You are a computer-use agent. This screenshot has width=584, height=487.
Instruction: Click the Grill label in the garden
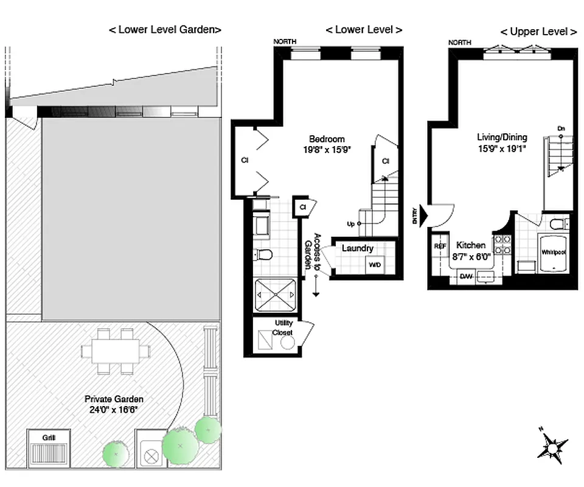coord(49,437)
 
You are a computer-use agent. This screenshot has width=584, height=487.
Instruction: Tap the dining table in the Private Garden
coord(116,351)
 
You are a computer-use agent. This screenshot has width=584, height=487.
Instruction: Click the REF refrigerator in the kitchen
coord(440,246)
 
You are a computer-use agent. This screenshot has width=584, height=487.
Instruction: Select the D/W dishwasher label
coord(466,277)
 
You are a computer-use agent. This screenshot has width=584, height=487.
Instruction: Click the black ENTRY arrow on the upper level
coord(424,215)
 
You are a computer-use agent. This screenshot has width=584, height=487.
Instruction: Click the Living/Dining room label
coord(502,137)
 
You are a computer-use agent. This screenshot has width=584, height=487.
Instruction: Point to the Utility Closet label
coord(283,328)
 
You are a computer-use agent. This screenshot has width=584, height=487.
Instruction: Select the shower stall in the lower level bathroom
coord(274,295)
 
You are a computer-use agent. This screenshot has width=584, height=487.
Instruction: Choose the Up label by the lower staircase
coord(351,224)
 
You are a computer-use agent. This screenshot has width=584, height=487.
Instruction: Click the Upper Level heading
coord(538,32)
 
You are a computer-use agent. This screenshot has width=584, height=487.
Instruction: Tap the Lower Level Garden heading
coord(164,29)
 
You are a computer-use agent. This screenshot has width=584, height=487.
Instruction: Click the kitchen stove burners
coord(502,244)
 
